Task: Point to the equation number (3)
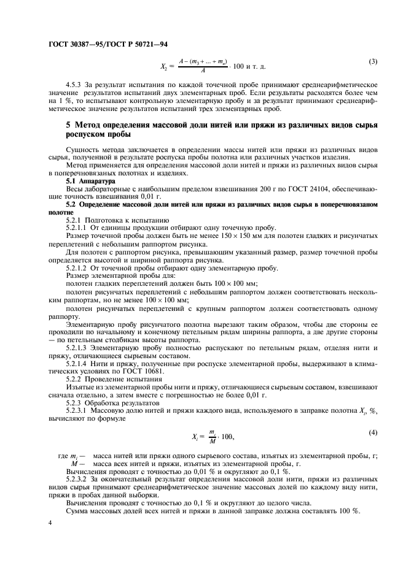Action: tap(372, 61)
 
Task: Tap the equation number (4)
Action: tap(372, 433)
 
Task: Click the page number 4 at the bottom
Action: tap(49, 522)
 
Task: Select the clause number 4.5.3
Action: tap(75, 83)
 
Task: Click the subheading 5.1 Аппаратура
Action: tap(90, 182)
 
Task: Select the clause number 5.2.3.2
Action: tap(78, 478)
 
